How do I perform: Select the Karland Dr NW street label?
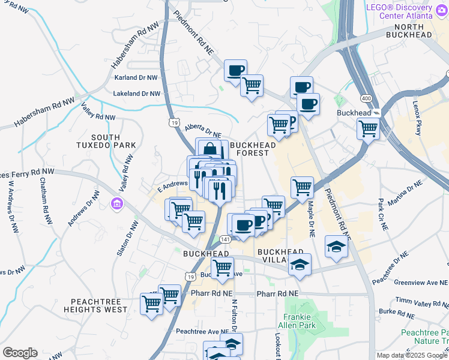click(135, 78)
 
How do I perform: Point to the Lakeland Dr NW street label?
click(137, 94)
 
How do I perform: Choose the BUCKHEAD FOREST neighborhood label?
click(253, 149)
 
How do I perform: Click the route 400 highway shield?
click(365, 98)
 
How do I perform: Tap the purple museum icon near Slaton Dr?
click(116, 205)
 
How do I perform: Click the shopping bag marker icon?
click(209, 148)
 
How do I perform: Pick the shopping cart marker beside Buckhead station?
click(368, 127)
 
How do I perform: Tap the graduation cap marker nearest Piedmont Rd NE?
click(336, 246)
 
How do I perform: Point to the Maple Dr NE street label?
click(312, 218)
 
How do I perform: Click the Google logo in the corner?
click(20, 353)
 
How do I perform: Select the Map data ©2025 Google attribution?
click(412, 355)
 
